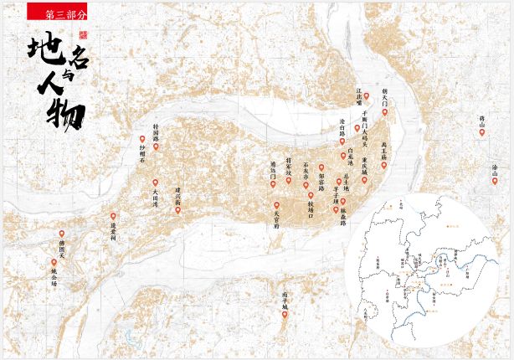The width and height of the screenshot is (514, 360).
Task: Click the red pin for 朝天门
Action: click(384, 112)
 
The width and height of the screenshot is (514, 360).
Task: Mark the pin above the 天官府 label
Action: click(276, 204)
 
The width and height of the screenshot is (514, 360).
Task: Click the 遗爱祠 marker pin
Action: click(113, 216)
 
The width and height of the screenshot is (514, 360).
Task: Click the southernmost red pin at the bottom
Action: click(285, 315)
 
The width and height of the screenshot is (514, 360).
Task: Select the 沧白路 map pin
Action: click(342, 155)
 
